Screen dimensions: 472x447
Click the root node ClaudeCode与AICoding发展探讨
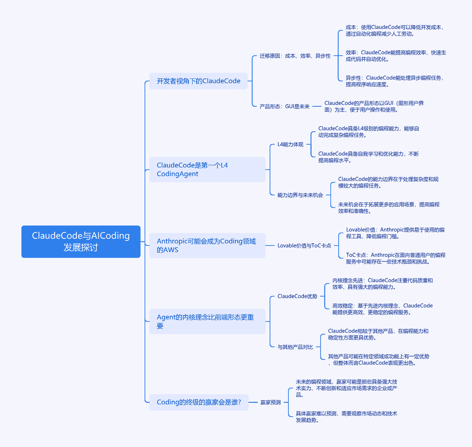(x=81, y=241)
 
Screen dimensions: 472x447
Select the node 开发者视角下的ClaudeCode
(x=198, y=81)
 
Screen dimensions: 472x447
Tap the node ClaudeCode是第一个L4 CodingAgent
(x=208, y=170)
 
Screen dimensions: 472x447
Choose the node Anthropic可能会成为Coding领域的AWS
(x=208, y=245)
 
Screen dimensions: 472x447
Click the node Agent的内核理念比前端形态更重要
(x=208, y=321)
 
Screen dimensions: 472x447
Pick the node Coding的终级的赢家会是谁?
(x=199, y=402)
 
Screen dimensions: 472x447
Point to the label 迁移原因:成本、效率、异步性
(x=295, y=56)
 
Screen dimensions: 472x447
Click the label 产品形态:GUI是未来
(x=285, y=106)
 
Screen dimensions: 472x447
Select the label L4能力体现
(x=291, y=144)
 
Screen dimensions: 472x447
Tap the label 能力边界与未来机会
(x=300, y=195)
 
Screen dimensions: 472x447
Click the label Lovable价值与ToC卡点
(x=304, y=246)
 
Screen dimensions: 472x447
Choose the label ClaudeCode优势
(x=298, y=297)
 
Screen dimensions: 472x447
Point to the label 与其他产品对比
(x=295, y=347)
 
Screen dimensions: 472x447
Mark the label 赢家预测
(x=271, y=402)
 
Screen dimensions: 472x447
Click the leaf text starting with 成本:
(x=395, y=31)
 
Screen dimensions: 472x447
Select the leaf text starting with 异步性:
(x=395, y=81)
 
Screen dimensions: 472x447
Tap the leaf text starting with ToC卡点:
(x=396, y=258)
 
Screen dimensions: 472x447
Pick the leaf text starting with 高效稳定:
(x=382, y=309)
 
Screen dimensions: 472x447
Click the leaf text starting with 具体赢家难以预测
(x=347, y=416)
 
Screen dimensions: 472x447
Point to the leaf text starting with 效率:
(x=396, y=56)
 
